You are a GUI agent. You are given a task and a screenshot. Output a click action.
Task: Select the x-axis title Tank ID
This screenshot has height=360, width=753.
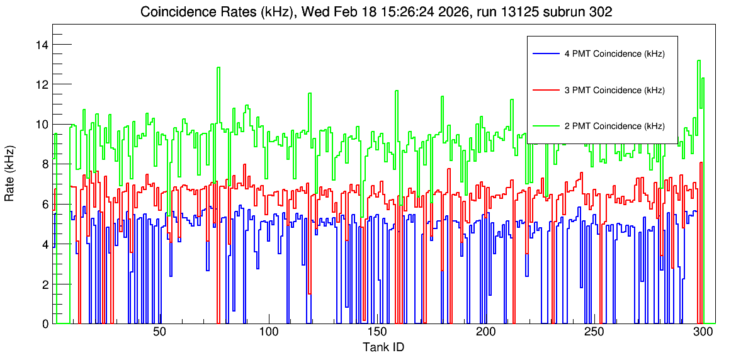click(x=383, y=347)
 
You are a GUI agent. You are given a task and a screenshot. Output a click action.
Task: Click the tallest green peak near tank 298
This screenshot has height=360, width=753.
click(x=699, y=60)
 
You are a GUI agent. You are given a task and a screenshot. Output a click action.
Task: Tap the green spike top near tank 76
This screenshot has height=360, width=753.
click(x=218, y=67)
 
